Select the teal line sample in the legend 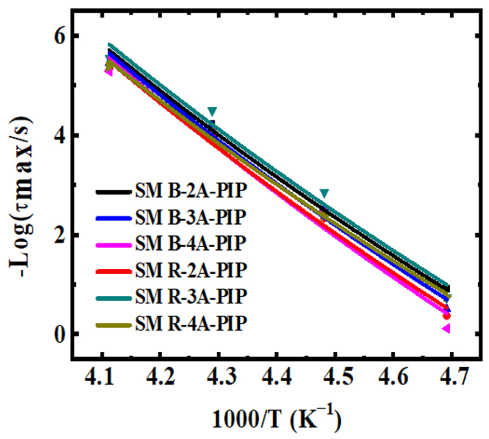click(114, 298)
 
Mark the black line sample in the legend click(114, 192)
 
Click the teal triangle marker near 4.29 click(212, 111)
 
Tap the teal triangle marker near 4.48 click(324, 193)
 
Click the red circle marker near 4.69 click(447, 316)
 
